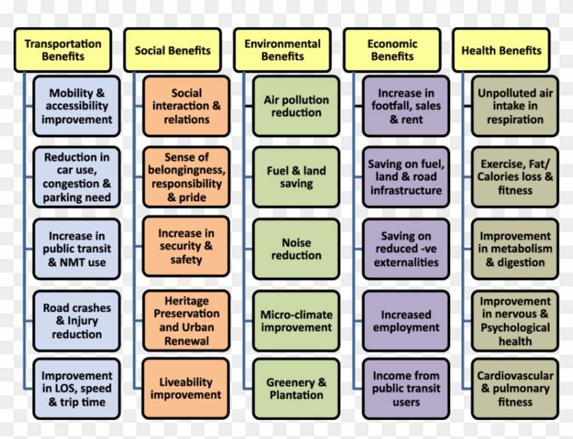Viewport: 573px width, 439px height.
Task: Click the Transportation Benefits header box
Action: [x=63, y=50]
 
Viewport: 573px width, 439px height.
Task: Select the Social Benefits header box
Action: [x=173, y=50]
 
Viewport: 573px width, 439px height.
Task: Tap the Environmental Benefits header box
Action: [x=282, y=50]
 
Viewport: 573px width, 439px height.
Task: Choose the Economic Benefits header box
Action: [x=392, y=50]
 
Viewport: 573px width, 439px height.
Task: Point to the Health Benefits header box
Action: [x=501, y=50]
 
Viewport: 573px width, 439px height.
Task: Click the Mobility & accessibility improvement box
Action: [x=76, y=106]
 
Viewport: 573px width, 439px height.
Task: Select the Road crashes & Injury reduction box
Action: [x=76, y=321]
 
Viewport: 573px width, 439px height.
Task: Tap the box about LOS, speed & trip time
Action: [x=76, y=389]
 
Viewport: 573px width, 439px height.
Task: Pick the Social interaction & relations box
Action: [x=186, y=106]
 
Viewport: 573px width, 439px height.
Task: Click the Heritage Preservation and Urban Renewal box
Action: [x=186, y=321]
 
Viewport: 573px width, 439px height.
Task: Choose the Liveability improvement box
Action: [x=186, y=389]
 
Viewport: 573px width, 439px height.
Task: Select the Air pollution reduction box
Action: [x=296, y=106]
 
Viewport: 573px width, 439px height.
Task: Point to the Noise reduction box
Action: [x=296, y=249]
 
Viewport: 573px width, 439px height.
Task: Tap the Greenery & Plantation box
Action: [x=296, y=389]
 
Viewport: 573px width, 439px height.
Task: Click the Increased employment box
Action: [x=406, y=321]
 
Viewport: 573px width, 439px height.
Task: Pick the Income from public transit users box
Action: [x=406, y=389]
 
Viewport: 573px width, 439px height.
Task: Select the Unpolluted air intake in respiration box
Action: [x=515, y=106]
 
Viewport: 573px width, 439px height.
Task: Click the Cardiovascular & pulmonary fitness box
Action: [x=515, y=389]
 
